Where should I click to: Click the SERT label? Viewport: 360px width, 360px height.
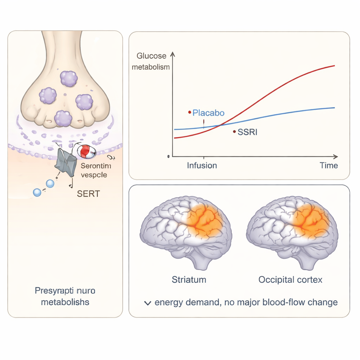click(88, 193)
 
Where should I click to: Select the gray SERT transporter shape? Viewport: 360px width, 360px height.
click(66, 162)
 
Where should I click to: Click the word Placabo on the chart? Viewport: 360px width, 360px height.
click(208, 113)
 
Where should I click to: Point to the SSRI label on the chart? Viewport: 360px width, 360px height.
click(247, 133)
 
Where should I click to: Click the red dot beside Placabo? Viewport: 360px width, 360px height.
click(190, 112)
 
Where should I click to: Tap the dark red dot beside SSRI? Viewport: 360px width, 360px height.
click(234, 132)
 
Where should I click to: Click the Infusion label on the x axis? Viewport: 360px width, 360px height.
click(202, 166)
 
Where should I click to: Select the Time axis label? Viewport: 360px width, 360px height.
click(329, 166)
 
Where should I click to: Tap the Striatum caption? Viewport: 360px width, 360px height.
click(189, 280)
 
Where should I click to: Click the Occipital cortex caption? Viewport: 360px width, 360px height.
click(290, 280)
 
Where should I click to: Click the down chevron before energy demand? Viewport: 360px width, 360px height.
click(148, 303)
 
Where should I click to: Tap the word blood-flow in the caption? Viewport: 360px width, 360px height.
click(289, 302)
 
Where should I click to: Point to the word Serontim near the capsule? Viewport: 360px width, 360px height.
click(96, 167)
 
